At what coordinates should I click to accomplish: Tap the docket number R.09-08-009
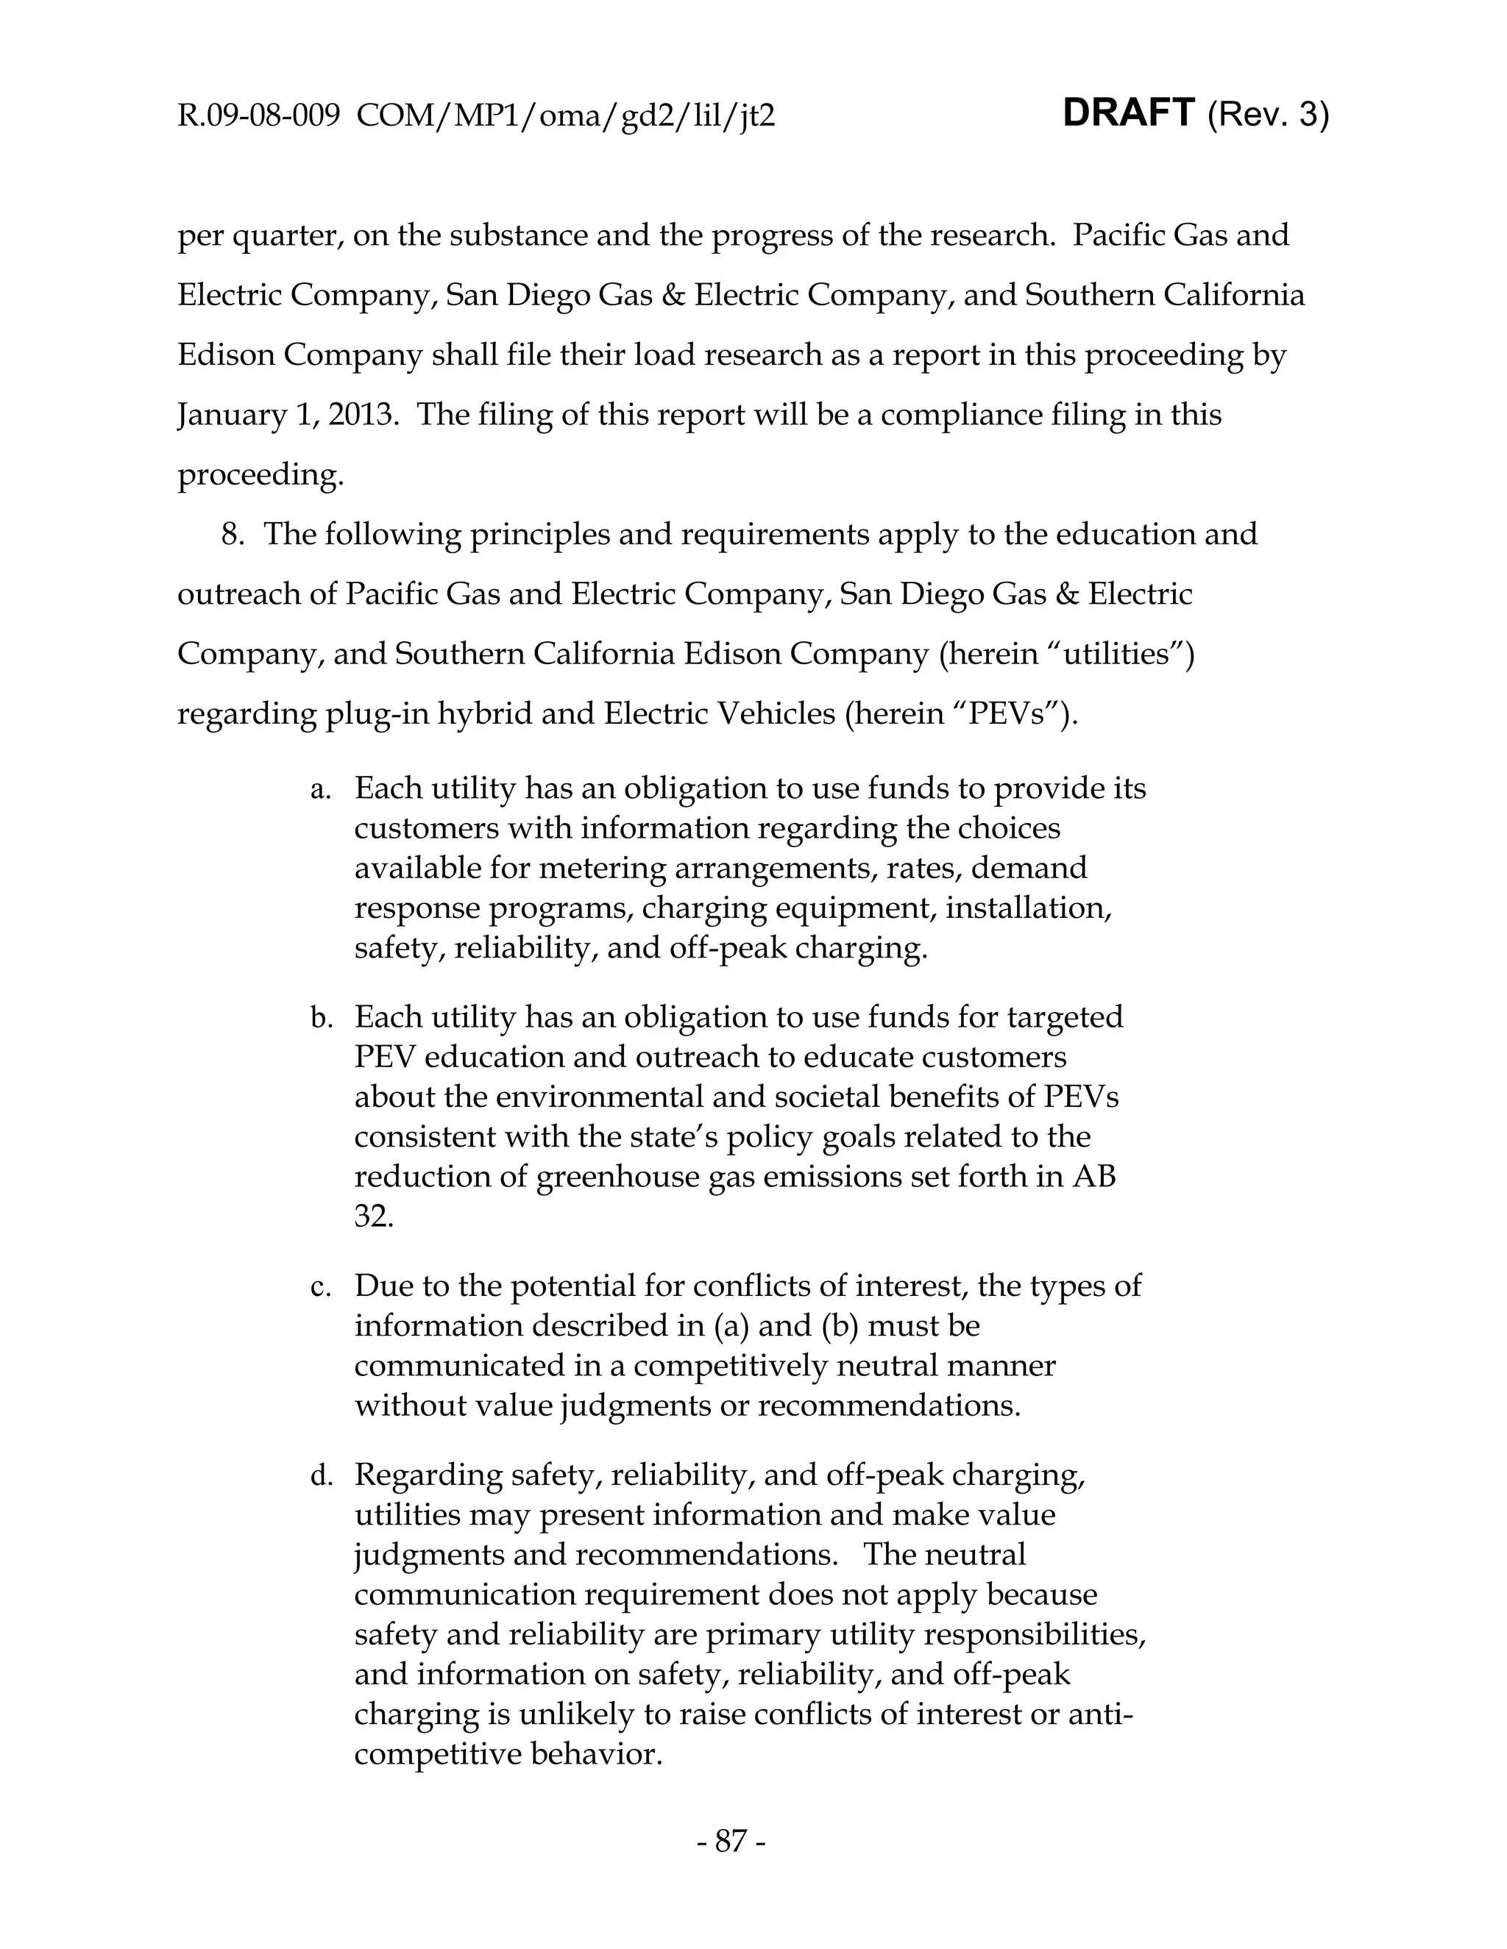point(259,115)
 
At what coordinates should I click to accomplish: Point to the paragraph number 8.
point(232,535)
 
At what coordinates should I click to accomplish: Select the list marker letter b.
point(321,1017)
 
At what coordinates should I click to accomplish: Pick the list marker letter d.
point(321,1476)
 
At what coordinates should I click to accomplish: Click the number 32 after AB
point(373,1217)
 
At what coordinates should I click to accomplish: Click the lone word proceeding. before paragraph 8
point(260,475)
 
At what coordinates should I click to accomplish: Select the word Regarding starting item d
point(428,1475)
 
